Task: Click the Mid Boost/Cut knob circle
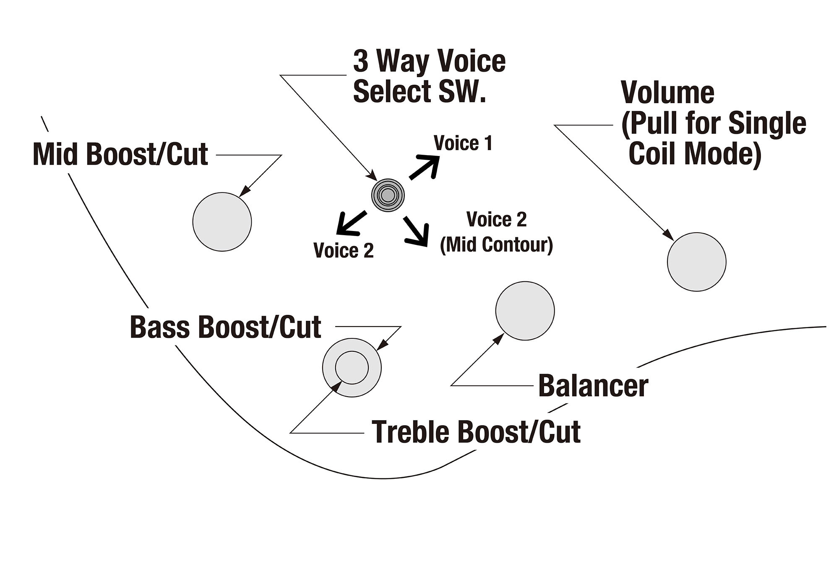[222, 222]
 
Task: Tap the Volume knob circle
[696, 262]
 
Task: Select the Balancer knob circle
[525, 311]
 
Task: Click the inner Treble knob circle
[352, 368]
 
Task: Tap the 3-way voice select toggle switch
[388, 195]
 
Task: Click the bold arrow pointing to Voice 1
[424, 167]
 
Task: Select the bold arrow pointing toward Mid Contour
[417, 231]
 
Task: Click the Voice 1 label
[463, 143]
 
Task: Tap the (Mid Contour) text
[496, 245]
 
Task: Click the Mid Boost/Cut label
[120, 154]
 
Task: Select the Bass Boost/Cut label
[226, 327]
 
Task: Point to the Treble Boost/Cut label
[476, 432]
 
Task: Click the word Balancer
[593, 386]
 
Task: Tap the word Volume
[667, 93]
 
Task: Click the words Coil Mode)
[695, 154]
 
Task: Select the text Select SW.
[419, 91]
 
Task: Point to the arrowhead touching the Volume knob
[669, 236]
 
